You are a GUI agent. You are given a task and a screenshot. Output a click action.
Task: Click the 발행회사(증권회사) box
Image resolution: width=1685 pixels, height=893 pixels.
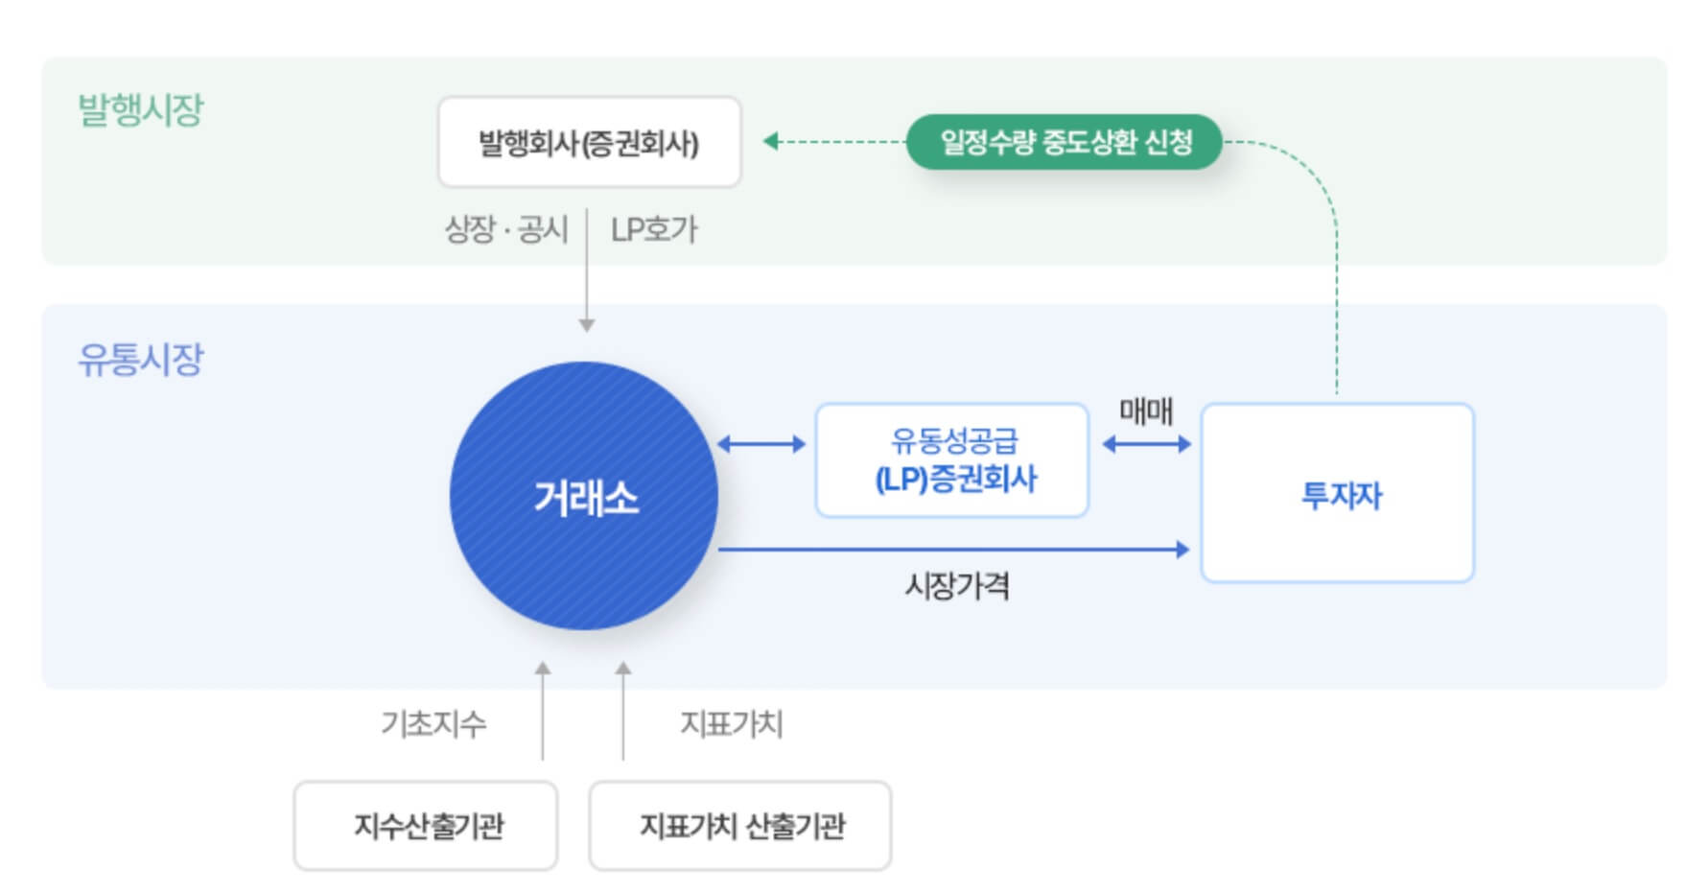click(x=589, y=142)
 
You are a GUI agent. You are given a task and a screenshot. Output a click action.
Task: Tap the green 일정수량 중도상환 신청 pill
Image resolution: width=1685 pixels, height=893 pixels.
click(x=1064, y=142)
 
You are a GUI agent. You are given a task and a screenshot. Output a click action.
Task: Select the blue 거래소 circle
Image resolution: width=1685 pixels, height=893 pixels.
click(x=584, y=496)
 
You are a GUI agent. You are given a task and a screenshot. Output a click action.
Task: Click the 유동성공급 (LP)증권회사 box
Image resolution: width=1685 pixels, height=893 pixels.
click(x=951, y=460)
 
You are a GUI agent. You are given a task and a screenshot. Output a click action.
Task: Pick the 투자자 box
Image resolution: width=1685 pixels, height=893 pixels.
click(x=1337, y=493)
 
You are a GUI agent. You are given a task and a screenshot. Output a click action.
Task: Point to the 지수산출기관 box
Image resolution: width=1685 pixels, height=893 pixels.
click(x=426, y=825)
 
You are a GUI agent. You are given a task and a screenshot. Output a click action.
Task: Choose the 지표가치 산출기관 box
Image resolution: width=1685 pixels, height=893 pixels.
click(x=739, y=825)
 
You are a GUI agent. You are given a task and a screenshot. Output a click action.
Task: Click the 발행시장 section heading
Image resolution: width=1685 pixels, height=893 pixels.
click(x=141, y=109)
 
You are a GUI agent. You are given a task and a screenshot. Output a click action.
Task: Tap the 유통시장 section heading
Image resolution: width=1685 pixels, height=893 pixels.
click(x=141, y=360)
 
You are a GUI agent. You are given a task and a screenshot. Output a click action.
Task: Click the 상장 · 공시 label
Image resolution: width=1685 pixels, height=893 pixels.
click(x=506, y=229)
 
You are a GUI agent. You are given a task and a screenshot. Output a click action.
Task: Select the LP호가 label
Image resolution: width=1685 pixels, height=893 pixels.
click(x=654, y=229)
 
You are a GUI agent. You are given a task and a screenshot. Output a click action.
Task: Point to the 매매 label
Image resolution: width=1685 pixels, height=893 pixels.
click(x=1146, y=411)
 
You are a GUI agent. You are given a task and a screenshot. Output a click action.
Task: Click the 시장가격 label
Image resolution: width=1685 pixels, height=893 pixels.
click(x=957, y=585)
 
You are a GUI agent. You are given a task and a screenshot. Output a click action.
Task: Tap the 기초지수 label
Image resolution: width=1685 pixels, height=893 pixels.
click(x=433, y=723)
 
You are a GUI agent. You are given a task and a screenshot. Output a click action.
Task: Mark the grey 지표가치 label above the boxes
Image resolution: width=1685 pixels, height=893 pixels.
click(x=732, y=723)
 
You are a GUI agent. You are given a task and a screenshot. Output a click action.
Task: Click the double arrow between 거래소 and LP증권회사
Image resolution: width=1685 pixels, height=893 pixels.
click(x=761, y=444)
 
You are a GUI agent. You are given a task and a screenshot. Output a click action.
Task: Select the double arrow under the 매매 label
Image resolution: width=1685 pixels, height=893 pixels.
click(x=1146, y=444)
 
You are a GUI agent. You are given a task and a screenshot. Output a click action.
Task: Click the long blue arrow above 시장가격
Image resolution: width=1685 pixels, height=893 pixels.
click(x=953, y=550)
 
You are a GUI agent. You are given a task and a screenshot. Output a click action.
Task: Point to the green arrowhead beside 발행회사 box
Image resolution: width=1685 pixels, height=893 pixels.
click(x=770, y=142)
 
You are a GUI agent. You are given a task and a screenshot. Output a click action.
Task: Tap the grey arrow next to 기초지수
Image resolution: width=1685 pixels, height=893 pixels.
click(x=543, y=710)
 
